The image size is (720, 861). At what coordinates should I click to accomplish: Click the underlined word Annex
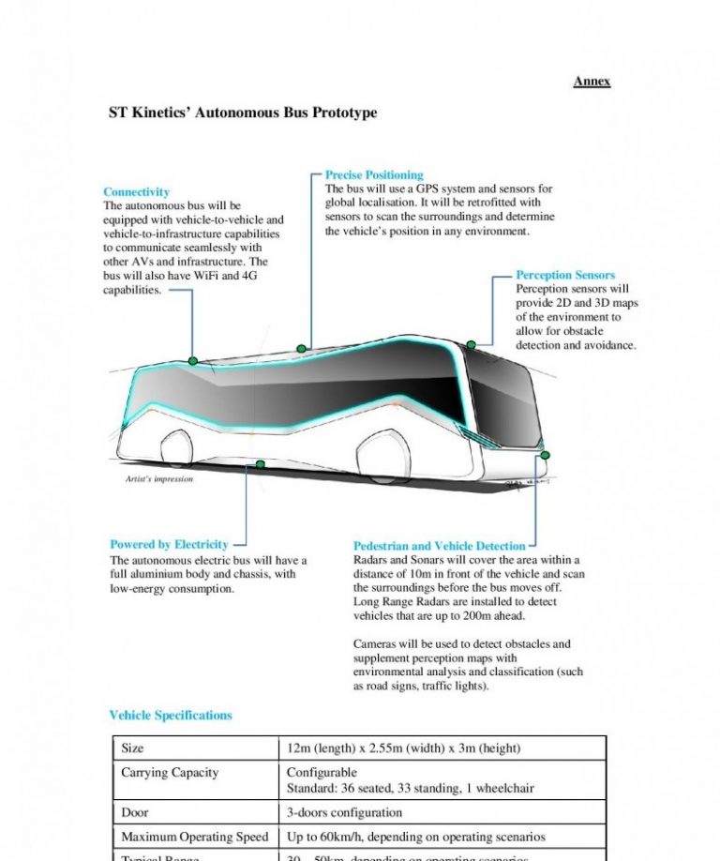click(x=592, y=82)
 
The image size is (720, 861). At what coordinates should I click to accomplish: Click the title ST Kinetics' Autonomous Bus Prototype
click(x=243, y=113)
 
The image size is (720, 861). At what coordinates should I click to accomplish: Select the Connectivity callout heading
click(x=136, y=191)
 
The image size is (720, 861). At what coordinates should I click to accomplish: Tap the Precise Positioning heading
click(x=374, y=174)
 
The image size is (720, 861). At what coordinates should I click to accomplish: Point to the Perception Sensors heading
click(x=565, y=275)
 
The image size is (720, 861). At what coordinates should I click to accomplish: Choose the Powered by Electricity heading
click(x=169, y=544)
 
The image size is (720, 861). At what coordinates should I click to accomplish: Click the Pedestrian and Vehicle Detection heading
click(x=440, y=546)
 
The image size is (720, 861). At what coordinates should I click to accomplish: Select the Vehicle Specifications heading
click(x=171, y=716)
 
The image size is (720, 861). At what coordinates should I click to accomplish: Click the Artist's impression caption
click(x=159, y=479)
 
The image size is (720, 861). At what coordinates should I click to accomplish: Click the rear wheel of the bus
click(x=175, y=452)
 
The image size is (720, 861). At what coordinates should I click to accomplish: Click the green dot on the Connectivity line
click(x=193, y=361)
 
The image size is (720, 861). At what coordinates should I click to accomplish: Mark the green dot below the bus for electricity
click(x=260, y=464)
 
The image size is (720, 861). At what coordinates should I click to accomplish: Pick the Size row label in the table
click(x=132, y=748)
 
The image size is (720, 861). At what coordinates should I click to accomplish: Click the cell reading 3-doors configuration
click(x=344, y=812)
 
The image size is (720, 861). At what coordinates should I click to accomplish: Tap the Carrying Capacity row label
click(x=170, y=773)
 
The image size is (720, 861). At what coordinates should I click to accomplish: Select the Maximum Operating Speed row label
click(x=194, y=837)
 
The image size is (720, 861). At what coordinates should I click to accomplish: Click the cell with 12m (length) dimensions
click(x=403, y=748)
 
